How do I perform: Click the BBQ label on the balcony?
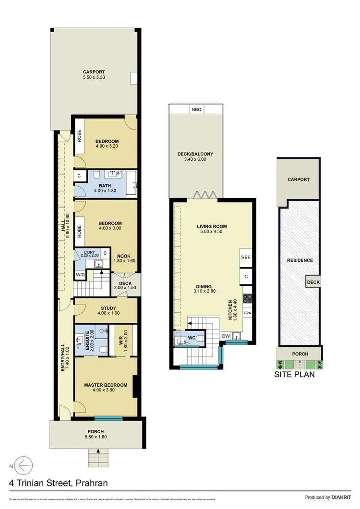tap(196, 109)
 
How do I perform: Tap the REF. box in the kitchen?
tap(246, 258)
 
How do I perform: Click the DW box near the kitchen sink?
tap(226, 336)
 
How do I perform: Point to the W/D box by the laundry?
tap(80, 275)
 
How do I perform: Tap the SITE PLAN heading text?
tap(294, 374)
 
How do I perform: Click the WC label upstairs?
tap(191, 338)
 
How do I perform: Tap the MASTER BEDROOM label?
tap(106, 385)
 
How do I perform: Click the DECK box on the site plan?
tap(313, 283)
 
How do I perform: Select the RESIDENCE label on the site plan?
tap(300, 260)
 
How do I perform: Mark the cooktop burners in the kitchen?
tap(248, 298)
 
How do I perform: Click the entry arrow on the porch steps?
tap(98, 451)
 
